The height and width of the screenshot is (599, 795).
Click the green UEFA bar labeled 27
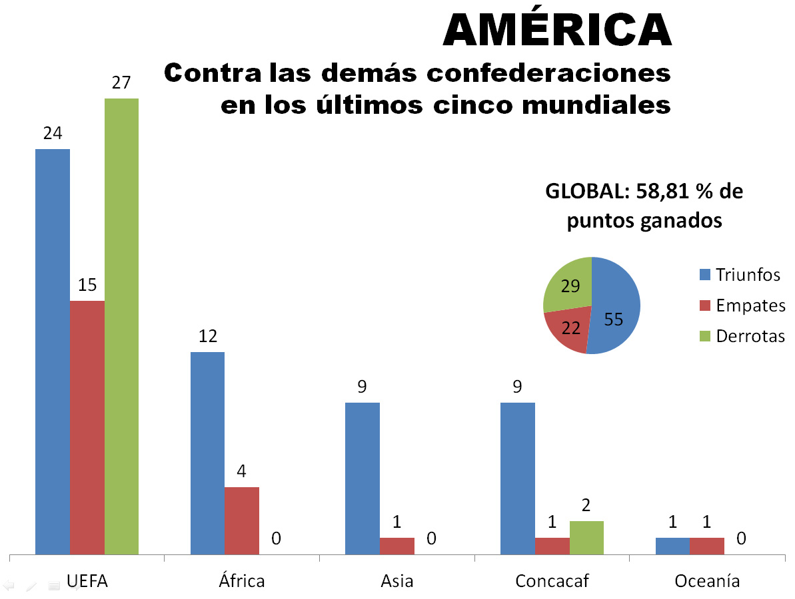coord(121,326)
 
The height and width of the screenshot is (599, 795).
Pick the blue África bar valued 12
coord(207,453)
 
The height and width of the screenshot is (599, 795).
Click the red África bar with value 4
coord(242,520)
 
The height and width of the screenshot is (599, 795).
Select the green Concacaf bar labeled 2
coord(586,538)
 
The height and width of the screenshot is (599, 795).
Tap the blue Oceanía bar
coord(672,546)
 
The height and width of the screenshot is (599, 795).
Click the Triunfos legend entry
coord(740,274)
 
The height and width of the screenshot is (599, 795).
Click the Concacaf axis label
coord(552,580)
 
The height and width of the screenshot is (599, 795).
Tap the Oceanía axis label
coord(707,580)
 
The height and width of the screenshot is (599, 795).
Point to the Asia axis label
coord(397,580)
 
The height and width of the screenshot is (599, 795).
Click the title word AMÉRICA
coord(557,30)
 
